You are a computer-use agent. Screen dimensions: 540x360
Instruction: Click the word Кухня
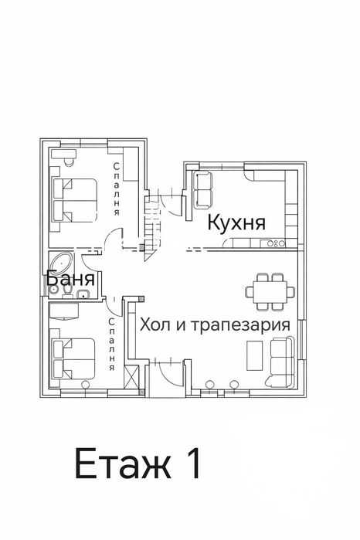click(236, 224)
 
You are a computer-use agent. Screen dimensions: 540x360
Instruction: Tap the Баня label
click(70, 279)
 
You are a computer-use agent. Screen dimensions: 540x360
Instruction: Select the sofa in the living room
click(282, 362)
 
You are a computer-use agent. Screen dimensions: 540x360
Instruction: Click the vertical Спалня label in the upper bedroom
click(116, 188)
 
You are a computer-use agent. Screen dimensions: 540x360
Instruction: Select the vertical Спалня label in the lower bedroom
click(113, 344)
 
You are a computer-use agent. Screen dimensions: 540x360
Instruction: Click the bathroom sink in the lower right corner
click(81, 293)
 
